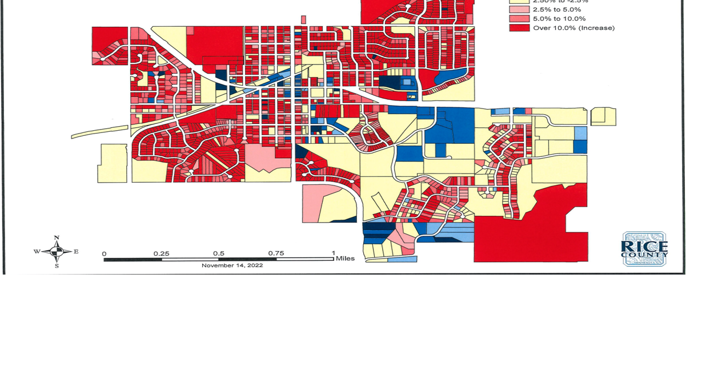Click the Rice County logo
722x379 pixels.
tap(644, 249)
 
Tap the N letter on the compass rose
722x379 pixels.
tap(57, 237)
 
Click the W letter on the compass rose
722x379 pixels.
tap(37, 251)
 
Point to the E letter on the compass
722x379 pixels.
tap(76, 251)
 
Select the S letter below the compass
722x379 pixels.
tap(57, 265)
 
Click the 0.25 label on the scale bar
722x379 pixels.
tap(161, 253)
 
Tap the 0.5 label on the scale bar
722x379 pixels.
tap(219, 253)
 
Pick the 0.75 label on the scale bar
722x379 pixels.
tap(276, 253)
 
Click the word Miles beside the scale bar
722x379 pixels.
tap(345, 259)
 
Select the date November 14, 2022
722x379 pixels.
tap(232, 265)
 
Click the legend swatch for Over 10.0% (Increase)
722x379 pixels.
tap(519, 28)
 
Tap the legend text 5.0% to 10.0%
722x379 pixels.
tap(559, 19)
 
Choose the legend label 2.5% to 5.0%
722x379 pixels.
tap(556, 10)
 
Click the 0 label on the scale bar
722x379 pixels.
tap(104, 254)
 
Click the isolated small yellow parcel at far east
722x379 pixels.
tap(603, 116)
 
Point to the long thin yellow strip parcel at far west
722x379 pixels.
tap(100, 132)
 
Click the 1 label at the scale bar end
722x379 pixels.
tap(333, 253)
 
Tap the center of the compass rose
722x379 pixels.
tap(57, 251)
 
